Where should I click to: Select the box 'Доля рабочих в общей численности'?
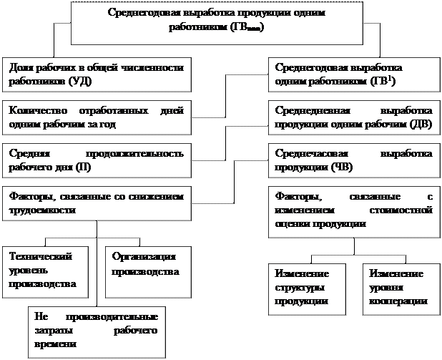tap(97, 74)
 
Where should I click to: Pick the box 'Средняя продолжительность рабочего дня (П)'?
tap(97, 160)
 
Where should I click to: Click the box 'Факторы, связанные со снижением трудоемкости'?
tap(97, 203)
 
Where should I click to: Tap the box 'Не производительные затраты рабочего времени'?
tap(95, 329)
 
